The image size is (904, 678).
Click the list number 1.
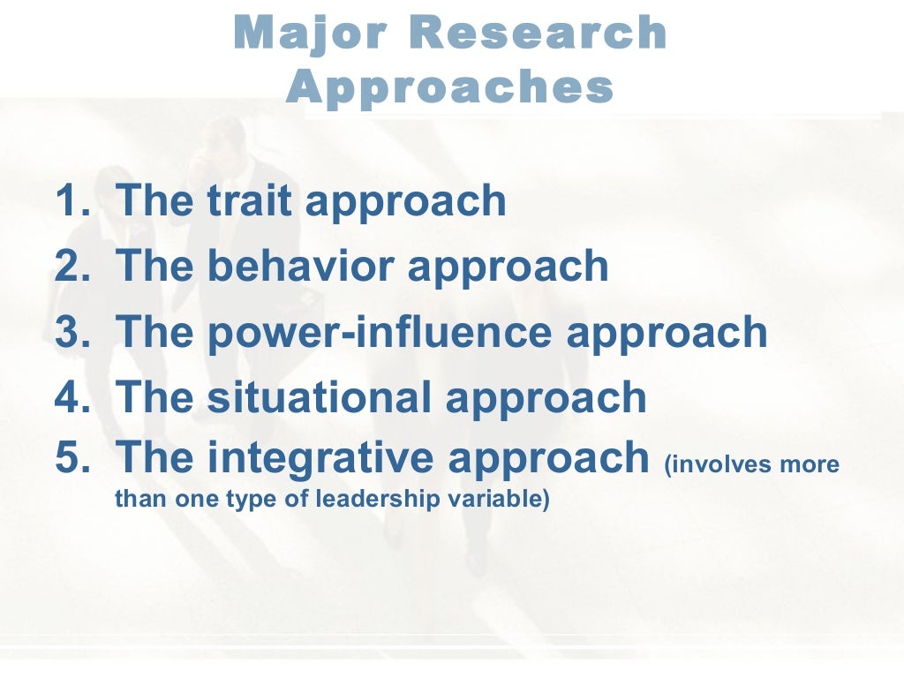point(69,200)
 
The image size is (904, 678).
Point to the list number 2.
point(70,267)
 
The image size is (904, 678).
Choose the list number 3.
point(70,332)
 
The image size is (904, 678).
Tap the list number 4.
point(70,397)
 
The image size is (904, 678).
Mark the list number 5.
point(70,457)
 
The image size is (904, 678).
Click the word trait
point(250,200)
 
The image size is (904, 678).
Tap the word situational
point(320,397)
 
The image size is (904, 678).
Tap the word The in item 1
point(154,200)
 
